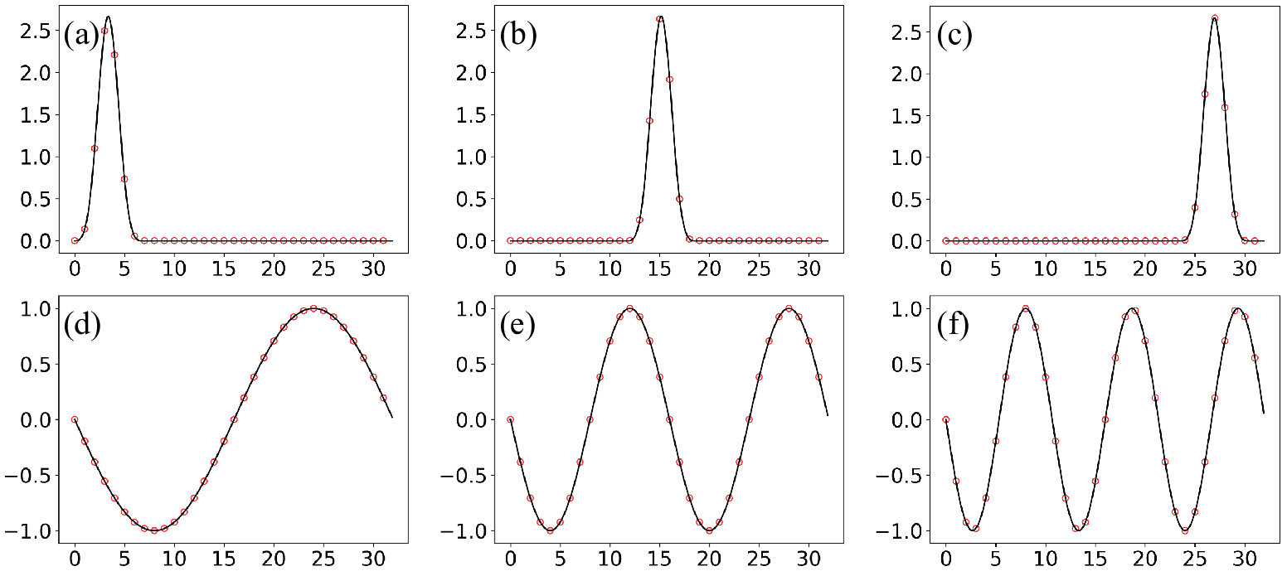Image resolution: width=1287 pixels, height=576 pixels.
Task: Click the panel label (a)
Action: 81,35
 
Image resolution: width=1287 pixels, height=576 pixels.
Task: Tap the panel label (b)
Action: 518,35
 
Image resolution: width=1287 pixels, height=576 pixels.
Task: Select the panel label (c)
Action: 954,35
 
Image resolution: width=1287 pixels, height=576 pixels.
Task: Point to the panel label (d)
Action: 82,325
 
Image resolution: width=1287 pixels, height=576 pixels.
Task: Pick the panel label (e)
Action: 517,325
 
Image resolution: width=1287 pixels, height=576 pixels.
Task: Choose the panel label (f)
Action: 953,325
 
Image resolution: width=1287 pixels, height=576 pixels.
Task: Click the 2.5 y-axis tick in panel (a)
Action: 36,31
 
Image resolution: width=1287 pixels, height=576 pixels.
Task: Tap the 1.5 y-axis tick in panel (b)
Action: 472,115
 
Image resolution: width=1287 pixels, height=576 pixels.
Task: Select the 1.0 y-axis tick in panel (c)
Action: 907,157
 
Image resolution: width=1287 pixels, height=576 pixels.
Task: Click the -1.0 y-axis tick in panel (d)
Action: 28,531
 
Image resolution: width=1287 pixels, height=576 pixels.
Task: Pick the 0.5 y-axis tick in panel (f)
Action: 907,365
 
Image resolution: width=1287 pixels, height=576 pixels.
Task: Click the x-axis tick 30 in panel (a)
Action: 373,269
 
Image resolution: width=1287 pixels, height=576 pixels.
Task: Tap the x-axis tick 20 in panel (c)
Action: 1145,269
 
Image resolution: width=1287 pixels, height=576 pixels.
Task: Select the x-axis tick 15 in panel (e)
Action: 659,559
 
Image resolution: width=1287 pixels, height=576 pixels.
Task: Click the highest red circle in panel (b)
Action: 659,19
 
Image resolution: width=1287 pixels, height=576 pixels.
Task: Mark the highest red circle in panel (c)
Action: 1215,18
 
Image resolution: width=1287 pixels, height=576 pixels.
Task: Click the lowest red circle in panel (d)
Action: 154,530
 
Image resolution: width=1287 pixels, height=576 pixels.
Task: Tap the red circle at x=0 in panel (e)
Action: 510,420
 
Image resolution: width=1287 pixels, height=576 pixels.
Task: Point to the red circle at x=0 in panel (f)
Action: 945,420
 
